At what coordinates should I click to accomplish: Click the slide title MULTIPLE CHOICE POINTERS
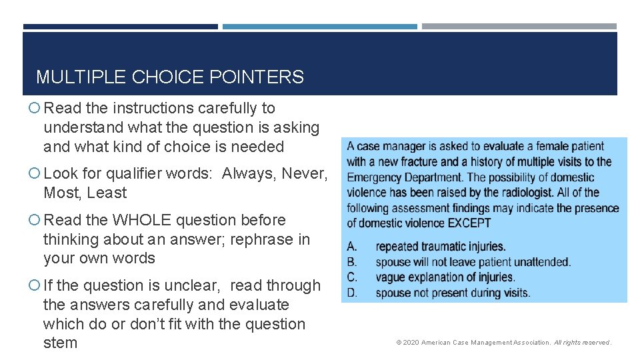pyautogui.click(x=170, y=77)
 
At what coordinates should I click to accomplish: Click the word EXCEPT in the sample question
pyautogui.click(x=469, y=223)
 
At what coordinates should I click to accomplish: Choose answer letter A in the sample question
pyautogui.click(x=352, y=247)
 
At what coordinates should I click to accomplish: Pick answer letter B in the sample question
pyautogui.click(x=352, y=262)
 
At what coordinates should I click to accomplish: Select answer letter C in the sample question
pyautogui.click(x=352, y=277)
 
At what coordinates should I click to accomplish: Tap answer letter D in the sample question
pyautogui.click(x=352, y=293)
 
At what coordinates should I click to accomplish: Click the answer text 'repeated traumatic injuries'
pyautogui.click(x=441, y=247)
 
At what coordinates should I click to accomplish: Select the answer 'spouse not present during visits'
pyautogui.click(x=453, y=293)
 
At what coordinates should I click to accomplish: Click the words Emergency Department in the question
pyautogui.click(x=404, y=177)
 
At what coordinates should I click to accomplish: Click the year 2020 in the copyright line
pyautogui.click(x=411, y=343)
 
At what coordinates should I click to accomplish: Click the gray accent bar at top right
pyautogui.click(x=519, y=27)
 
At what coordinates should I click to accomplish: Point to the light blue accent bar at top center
pyautogui.click(x=319, y=27)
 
